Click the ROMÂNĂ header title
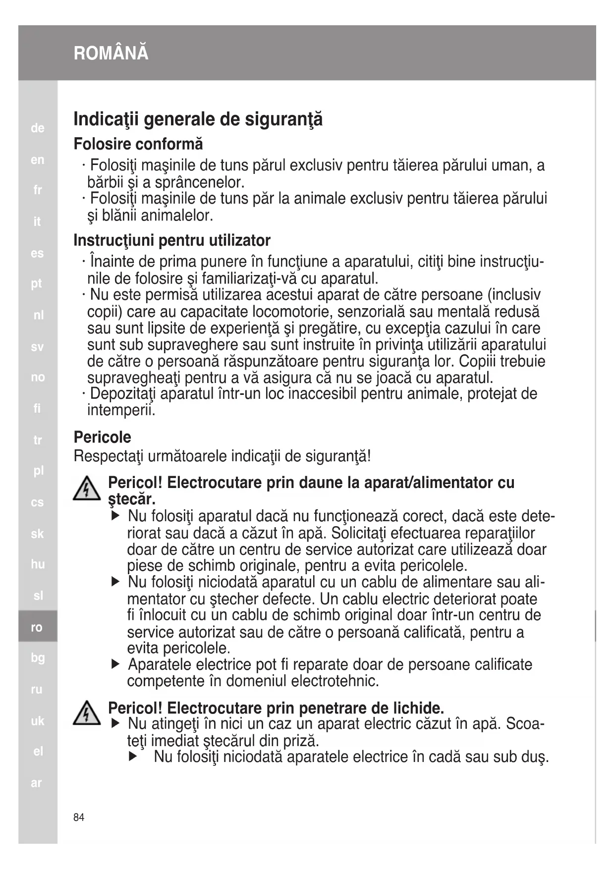pos(111,53)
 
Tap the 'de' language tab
pos(38,128)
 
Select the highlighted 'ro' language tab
pos(37,627)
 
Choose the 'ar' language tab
pos(37,783)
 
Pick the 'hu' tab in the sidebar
pos(38,564)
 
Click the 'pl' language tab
pos(38,471)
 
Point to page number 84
pos(79,817)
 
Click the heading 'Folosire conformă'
pos(138,144)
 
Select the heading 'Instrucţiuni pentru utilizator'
pos(172,240)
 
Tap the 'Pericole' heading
pos(103,437)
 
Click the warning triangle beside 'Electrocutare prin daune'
pos(87,489)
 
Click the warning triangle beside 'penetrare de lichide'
pos(87,713)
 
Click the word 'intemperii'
pos(121,410)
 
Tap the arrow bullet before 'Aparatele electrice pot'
pos(116,664)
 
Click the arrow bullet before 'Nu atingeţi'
pos(116,724)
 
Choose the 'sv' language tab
pos(38,347)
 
